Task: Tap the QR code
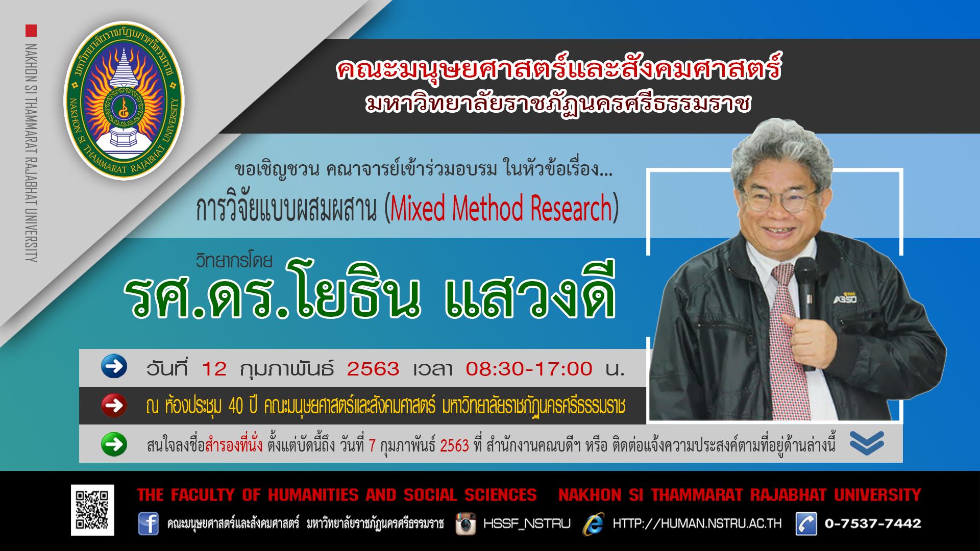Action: (92, 510)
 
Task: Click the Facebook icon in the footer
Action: (148, 524)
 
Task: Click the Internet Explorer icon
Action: (595, 523)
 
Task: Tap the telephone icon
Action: (806, 524)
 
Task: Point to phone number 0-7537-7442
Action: (873, 523)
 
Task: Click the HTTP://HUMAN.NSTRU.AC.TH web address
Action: (697, 524)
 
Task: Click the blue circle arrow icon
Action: (114, 367)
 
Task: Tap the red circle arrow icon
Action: (114, 406)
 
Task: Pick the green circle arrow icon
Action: (114, 444)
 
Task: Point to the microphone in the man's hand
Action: (806, 306)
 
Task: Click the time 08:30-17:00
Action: (529, 368)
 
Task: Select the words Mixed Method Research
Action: (501, 208)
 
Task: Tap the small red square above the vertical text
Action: (31, 30)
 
